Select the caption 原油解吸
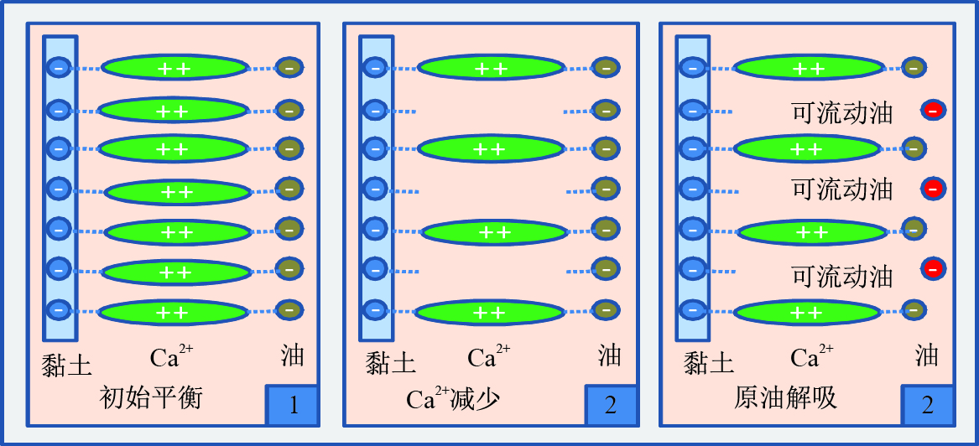click(x=785, y=397)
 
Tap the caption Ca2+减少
click(x=453, y=398)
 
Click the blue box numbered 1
click(x=293, y=406)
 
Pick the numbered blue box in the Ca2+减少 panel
click(x=610, y=406)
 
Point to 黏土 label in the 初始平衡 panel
click(x=66, y=363)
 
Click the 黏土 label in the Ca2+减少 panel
click(x=390, y=363)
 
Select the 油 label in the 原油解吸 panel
click(x=926, y=356)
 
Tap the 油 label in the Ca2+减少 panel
click(x=609, y=356)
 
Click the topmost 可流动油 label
click(x=842, y=112)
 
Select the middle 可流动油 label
click(x=842, y=189)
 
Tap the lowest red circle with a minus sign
click(x=933, y=269)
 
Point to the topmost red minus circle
click(x=933, y=110)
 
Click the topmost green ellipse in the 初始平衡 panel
click(x=174, y=68)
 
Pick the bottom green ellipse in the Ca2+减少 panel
click(x=490, y=312)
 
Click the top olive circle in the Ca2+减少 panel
click(x=606, y=68)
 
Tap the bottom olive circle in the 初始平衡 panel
click(x=289, y=309)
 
